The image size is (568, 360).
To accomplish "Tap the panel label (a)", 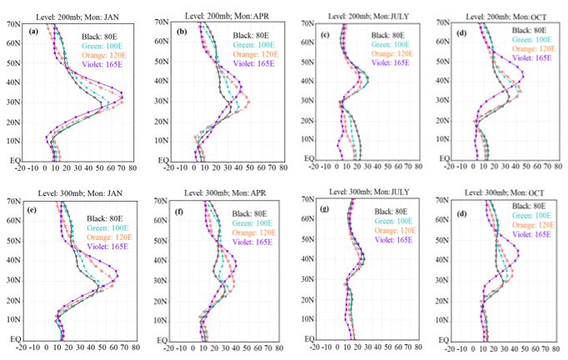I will [34, 32].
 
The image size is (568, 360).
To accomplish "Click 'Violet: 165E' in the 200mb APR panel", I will [255, 63].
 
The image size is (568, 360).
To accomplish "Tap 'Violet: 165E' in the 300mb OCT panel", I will [531, 235].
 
